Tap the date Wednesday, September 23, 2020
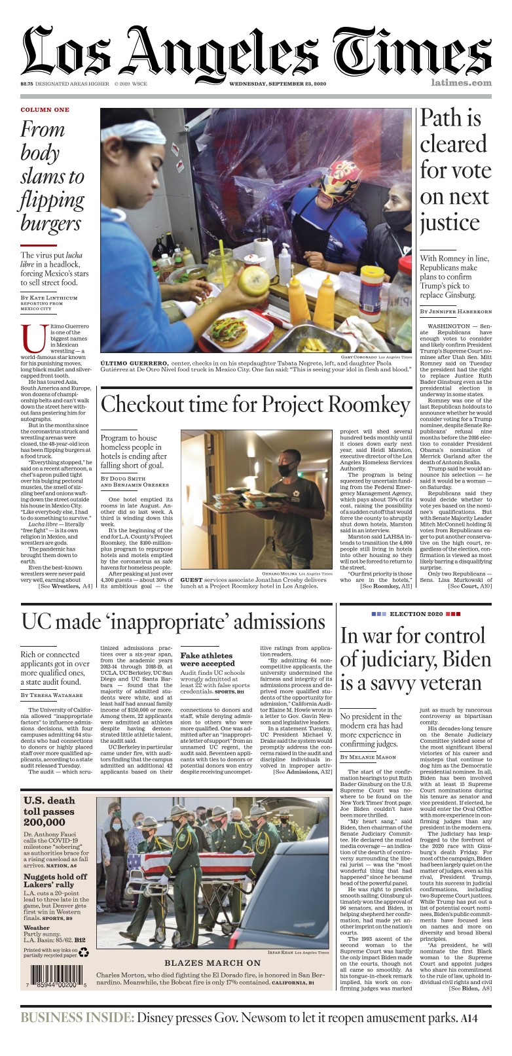(x=277, y=84)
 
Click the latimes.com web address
(x=461, y=83)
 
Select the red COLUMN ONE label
(x=45, y=110)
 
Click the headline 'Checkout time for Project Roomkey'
(x=255, y=405)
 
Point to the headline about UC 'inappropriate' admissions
(x=173, y=621)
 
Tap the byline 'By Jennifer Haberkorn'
(x=455, y=311)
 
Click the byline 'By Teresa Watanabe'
(x=52, y=695)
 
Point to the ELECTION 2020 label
(x=416, y=615)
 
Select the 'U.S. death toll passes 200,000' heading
(x=49, y=812)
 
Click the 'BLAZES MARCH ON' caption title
(x=212, y=963)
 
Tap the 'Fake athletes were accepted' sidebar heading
(x=206, y=659)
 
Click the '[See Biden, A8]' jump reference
(x=470, y=988)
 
